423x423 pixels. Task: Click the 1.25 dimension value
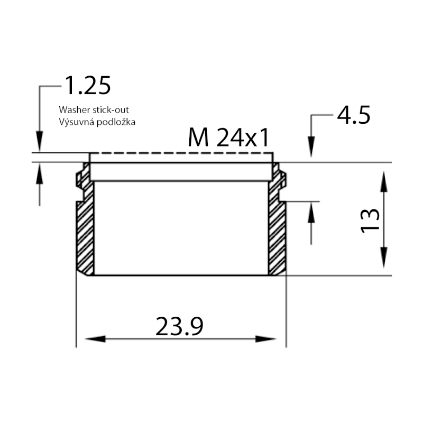(87, 86)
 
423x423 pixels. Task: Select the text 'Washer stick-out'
(94, 110)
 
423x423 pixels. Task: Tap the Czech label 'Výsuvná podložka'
(97, 122)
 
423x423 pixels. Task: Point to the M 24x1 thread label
(229, 139)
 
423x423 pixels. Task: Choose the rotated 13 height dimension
(370, 220)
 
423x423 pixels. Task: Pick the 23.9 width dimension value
(180, 327)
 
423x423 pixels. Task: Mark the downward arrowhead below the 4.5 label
(311, 146)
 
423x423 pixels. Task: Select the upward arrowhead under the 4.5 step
(311, 212)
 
